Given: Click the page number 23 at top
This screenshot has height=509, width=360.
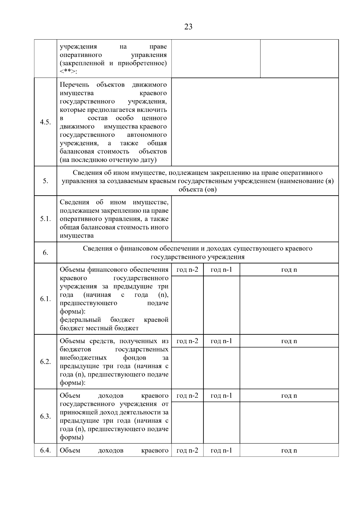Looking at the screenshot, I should point(188,27).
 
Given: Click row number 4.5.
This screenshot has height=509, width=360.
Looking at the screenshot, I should point(45,122).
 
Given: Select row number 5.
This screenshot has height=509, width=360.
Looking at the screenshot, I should point(45,181).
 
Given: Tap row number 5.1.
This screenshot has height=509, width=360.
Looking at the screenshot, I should point(45,219).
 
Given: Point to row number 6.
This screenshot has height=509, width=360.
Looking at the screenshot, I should point(45,253).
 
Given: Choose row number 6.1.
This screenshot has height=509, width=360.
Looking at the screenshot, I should point(45,299).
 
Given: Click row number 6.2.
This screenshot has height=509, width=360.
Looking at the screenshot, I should point(45,362).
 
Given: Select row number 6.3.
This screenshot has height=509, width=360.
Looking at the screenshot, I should point(45,416).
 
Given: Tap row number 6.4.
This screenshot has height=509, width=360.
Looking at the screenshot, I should point(45,450).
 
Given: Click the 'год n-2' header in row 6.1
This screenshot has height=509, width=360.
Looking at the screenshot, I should point(187,270).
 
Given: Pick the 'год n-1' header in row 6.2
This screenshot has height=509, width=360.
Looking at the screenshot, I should point(221,341).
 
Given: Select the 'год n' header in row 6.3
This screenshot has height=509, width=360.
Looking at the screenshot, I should point(289,396).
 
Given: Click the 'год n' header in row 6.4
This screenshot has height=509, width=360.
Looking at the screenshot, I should point(289,451).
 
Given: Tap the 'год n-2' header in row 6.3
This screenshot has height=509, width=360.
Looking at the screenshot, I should point(187,396).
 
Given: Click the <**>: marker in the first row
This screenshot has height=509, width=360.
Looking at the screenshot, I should point(68,72).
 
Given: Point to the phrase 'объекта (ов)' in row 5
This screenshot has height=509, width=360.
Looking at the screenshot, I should point(197,190).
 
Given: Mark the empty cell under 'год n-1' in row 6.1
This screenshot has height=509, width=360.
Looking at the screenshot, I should point(221,305).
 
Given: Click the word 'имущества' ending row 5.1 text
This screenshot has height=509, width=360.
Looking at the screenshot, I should point(76,236).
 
